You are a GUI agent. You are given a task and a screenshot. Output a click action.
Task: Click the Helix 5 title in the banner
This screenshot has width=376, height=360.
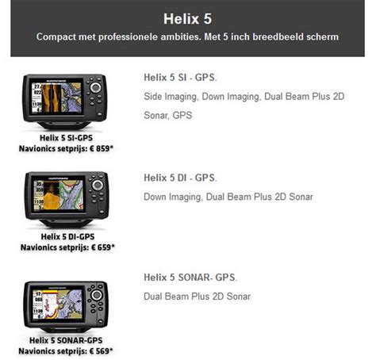click(188, 17)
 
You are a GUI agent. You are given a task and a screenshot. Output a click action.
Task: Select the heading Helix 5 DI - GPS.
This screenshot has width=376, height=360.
click(180, 178)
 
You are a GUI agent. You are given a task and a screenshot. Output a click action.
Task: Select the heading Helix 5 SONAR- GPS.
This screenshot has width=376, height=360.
click(190, 278)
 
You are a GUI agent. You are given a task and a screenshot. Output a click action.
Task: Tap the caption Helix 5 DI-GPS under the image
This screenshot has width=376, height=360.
click(69, 236)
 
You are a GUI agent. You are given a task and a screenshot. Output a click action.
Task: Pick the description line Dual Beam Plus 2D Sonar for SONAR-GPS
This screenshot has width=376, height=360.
click(198, 297)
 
